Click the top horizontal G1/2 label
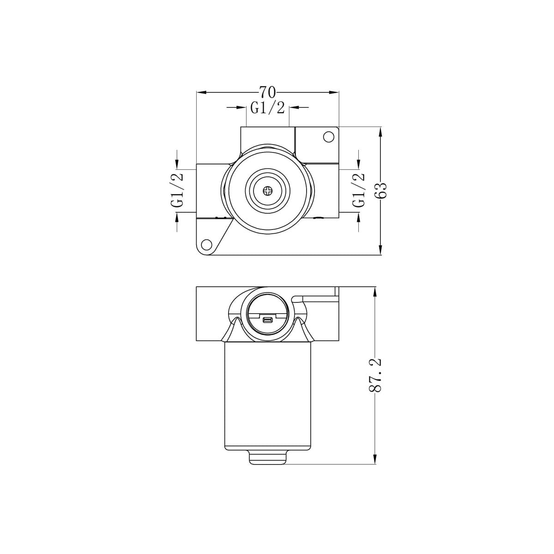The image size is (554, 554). click(x=267, y=108)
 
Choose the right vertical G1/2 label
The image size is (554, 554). click(x=359, y=190)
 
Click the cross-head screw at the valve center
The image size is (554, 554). click(x=267, y=190)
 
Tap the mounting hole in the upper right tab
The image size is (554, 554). click(x=328, y=137)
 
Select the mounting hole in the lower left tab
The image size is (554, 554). click(x=206, y=244)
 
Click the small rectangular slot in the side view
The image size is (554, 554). click(x=267, y=320)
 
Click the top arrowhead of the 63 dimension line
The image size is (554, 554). click(x=380, y=132)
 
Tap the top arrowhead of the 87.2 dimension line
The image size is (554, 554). click(x=374, y=291)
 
